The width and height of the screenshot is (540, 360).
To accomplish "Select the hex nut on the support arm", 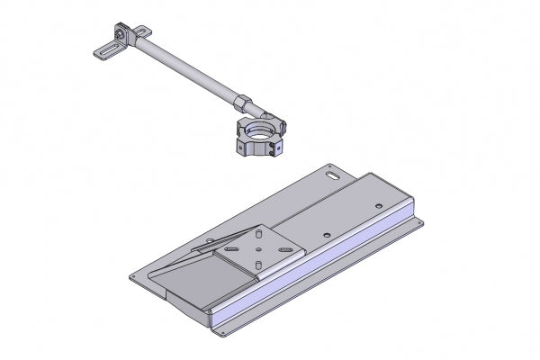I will [x=244, y=100].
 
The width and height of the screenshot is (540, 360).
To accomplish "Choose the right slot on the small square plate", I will [x=286, y=248].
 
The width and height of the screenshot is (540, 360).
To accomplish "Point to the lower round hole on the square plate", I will [x=258, y=265].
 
